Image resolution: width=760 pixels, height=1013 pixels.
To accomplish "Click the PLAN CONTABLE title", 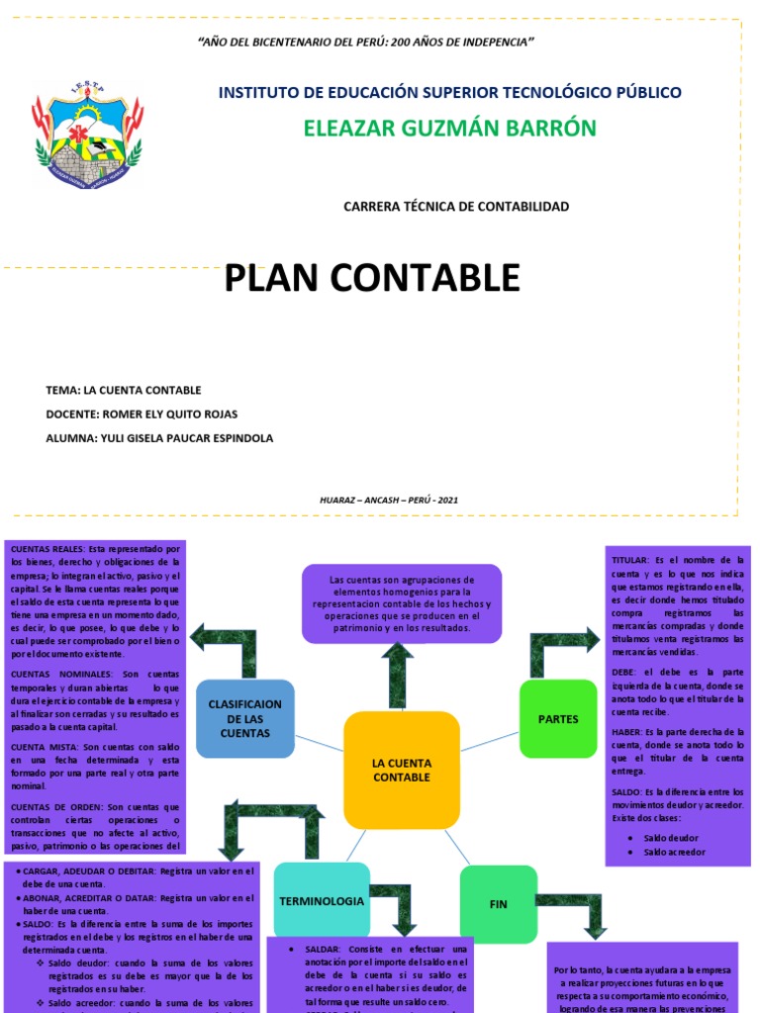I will [372, 278].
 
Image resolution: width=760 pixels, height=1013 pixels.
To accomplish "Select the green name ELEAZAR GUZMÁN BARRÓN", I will [449, 129].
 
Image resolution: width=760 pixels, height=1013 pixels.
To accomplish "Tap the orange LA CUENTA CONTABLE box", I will [402, 770].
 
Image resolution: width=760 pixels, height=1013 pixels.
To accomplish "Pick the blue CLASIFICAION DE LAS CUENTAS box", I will [245, 718].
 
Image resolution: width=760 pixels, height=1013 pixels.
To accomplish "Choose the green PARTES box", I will [558, 719].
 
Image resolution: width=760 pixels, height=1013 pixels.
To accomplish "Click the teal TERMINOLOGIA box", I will [322, 901].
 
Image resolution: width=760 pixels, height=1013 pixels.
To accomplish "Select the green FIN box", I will [498, 904].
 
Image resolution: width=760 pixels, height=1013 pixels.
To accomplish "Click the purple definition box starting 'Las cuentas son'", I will [402, 603].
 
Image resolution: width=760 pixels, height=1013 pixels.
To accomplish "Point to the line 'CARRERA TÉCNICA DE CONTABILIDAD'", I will [456, 207].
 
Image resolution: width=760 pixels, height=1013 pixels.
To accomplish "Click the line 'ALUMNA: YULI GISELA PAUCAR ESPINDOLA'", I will [159, 437].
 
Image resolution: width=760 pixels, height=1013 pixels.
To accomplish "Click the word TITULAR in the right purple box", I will [632, 560].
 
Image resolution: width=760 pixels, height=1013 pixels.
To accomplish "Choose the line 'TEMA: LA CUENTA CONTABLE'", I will [124, 390].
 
